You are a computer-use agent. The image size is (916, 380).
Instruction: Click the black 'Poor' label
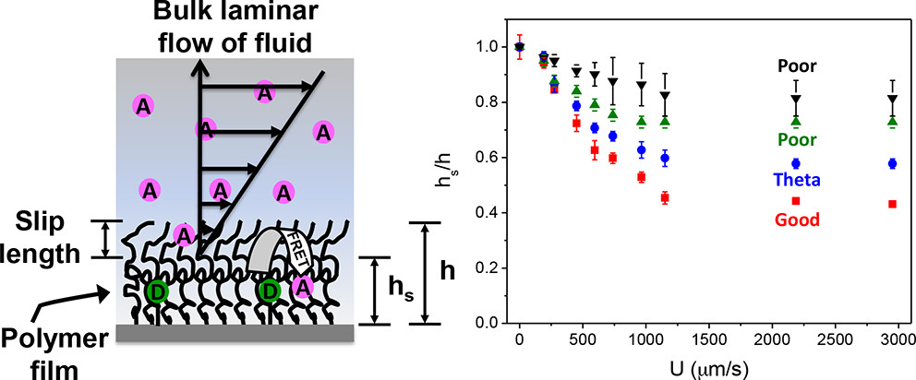pyautogui.click(x=795, y=67)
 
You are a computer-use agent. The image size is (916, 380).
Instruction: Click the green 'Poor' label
pyautogui.click(x=795, y=139)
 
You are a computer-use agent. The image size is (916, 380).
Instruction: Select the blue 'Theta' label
pyautogui.click(x=795, y=183)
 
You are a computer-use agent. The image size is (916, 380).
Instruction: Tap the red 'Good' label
pyautogui.click(x=795, y=220)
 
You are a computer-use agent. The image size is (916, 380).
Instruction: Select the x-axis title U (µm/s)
pyautogui.click(x=704, y=367)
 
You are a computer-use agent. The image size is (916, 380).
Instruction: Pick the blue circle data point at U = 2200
pyautogui.click(x=796, y=163)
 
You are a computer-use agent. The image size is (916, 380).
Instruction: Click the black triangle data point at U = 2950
pyautogui.click(x=892, y=100)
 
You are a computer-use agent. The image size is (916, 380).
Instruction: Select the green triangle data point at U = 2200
pyautogui.click(x=796, y=121)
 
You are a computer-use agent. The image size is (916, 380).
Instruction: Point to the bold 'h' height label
pyautogui.click(x=448, y=273)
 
